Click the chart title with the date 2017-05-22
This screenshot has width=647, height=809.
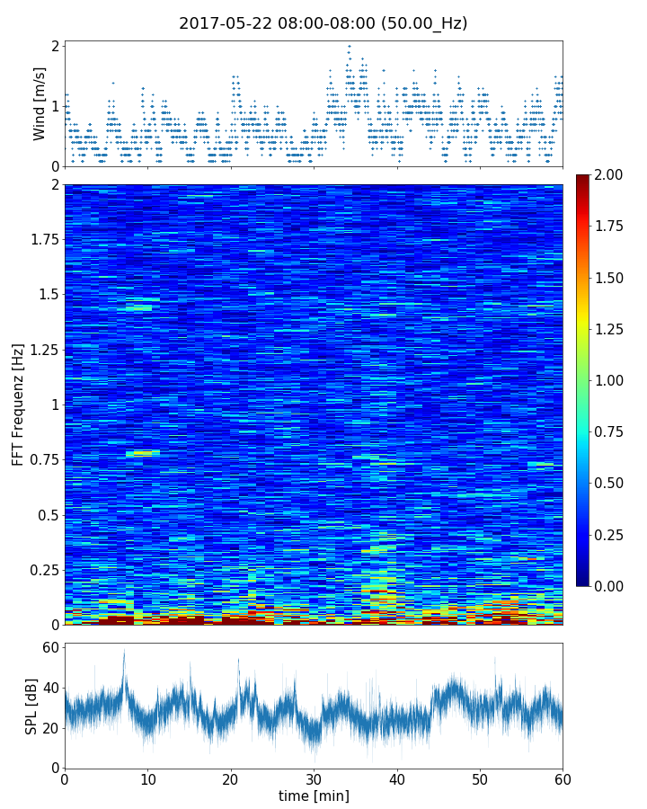point(323,23)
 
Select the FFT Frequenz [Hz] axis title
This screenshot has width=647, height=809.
point(18,404)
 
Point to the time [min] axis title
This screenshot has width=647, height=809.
point(314,796)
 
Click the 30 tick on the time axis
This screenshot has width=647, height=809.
point(314,778)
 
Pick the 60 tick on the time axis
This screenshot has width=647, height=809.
point(563,778)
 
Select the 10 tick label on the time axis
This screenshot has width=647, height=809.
point(147,778)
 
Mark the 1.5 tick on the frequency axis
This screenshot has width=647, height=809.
point(47,295)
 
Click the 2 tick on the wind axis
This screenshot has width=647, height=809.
point(55,46)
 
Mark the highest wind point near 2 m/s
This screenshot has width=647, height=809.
point(349,46)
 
